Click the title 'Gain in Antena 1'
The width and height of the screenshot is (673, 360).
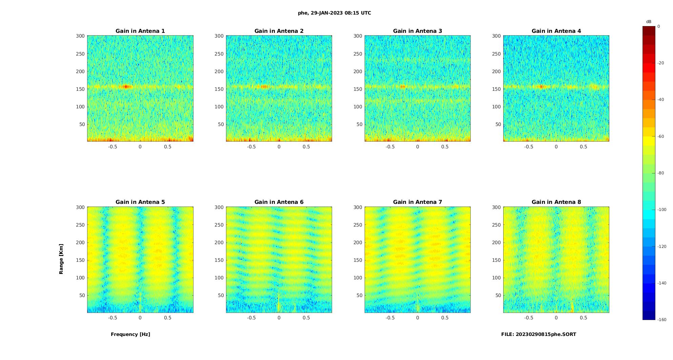(140, 31)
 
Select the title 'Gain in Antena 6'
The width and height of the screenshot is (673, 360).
(279, 202)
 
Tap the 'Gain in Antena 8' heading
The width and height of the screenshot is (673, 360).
(556, 202)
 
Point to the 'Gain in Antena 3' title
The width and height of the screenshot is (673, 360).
(417, 31)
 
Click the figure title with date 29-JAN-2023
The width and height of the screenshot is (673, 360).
(334, 13)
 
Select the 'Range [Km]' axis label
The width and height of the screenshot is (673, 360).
(61, 259)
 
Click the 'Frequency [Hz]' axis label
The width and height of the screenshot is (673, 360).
(130, 334)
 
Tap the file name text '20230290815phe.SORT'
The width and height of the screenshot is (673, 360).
(546, 334)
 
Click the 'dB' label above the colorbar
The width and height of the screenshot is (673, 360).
(649, 22)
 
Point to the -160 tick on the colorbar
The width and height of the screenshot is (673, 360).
(662, 320)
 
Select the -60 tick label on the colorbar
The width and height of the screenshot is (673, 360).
(661, 136)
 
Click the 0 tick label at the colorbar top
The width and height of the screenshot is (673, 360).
(659, 26)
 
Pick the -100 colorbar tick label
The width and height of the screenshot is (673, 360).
(662, 210)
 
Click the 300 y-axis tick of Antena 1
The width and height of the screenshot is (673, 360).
(80, 36)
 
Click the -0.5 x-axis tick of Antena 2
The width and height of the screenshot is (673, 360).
(251, 147)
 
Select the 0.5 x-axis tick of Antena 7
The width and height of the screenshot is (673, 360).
(445, 318)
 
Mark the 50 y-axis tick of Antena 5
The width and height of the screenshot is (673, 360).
(82, 295)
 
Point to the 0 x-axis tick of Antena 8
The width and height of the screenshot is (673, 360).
(556, 318)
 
